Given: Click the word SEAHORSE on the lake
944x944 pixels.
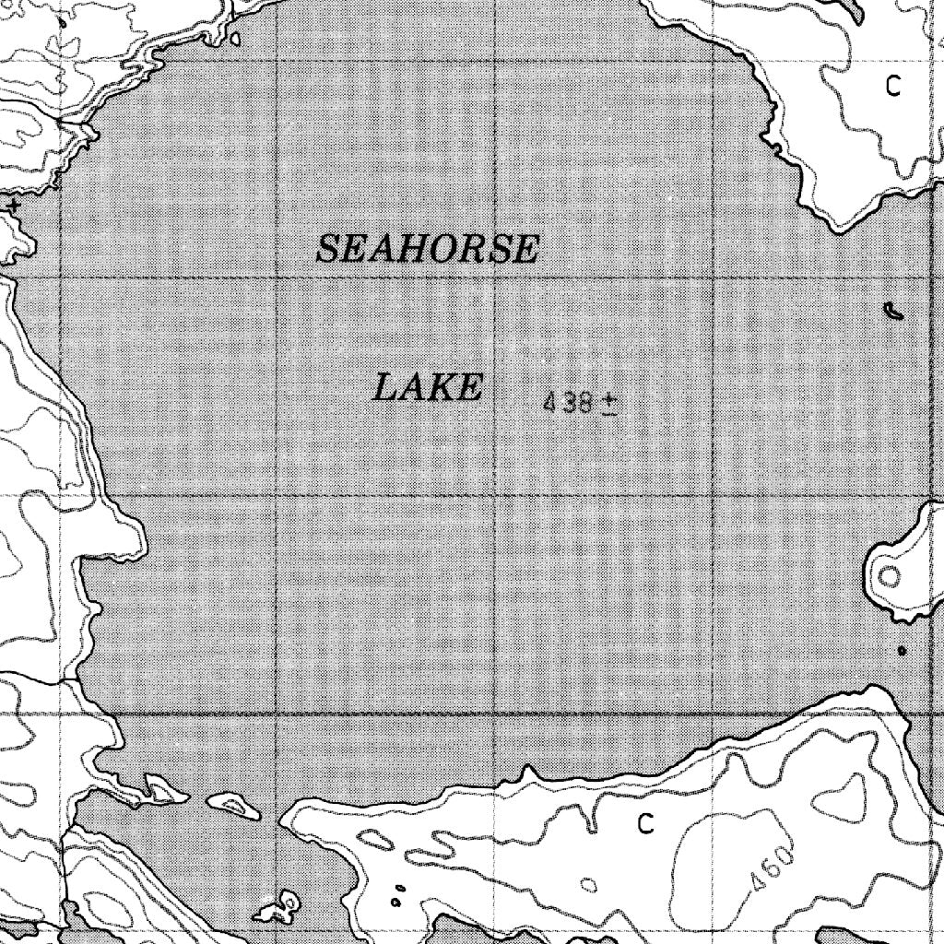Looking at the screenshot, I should pyautogui.click(x=427, y=249).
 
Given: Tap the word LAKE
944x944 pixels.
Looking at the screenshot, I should pyautogui.click(x=427, y=388).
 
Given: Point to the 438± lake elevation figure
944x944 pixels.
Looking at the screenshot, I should pyautogui.click(x=580, y=403).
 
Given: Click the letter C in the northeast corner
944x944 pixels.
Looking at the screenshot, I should pyautogui.click(x=892, y=87).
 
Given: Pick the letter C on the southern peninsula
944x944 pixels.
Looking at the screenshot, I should pyautogui.click(x=645, y=823).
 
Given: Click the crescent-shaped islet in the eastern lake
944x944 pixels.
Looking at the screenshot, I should pyautogui.click(x=891, y=311).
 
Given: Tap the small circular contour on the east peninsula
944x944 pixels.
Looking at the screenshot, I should pyautogui.click(x=890, y=577).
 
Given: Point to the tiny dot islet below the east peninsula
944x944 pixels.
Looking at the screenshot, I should pyautogui.click(x=902, y=651).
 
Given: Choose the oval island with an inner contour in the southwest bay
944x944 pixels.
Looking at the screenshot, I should pyautogui.click(x=237, y=806).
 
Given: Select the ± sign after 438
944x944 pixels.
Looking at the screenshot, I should pyautogui.click(x=608, y=404).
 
